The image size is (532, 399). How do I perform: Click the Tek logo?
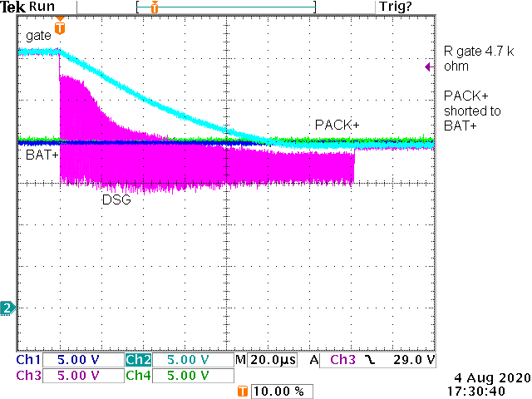point(13,7)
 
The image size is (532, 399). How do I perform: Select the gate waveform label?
point(38,35)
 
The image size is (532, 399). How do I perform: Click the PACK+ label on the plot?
point(337,125)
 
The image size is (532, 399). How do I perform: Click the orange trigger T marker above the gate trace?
point(59,29)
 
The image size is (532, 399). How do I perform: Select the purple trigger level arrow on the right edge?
point(427,67)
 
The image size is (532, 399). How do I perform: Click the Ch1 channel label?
point(28,360)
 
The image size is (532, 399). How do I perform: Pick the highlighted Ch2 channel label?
point(138,360)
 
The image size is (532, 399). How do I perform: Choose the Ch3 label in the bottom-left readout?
point(28,376)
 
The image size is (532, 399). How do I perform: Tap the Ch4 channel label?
point(138,376)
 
